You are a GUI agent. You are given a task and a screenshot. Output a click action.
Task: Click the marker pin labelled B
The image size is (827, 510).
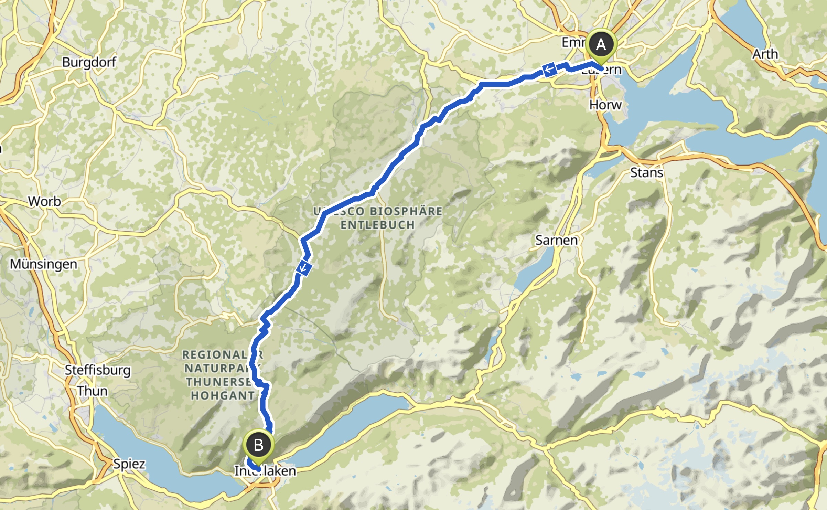tap(258, 445)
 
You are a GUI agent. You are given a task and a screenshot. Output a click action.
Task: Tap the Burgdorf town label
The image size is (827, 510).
tap(89, 62)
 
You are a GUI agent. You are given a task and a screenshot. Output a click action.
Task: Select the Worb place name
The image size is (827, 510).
tap(44, 201)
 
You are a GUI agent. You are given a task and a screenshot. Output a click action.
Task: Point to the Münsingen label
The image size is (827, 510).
tap(44, 264)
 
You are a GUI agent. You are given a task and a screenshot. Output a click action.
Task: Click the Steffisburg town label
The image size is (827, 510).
tap(98, 370)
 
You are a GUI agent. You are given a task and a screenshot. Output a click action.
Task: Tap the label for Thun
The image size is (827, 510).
tap(92, 391)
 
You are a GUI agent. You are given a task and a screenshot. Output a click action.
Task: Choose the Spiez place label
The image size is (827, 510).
tap(129, 464)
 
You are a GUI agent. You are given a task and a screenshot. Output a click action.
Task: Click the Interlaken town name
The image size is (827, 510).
tap(265, 471)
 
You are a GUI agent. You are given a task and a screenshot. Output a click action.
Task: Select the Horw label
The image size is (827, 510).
tap(605, 105)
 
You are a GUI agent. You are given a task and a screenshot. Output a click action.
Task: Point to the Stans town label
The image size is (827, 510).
tap(646, 172)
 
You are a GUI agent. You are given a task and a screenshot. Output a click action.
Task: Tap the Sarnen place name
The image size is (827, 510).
tap(556, 240)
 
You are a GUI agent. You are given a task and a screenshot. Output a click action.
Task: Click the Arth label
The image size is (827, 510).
tap(765, 54)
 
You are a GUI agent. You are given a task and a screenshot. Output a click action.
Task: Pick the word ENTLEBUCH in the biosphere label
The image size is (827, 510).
tap(378, 225)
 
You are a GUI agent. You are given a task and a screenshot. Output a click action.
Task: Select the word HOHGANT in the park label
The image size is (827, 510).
tap(223, 396)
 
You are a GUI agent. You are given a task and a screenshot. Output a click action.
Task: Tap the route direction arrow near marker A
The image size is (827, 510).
tap(549, 69)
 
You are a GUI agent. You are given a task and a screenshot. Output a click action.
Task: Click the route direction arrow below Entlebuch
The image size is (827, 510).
tap(303, 268)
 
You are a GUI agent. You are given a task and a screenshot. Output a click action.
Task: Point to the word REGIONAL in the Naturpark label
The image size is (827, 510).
tap(215, 354)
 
